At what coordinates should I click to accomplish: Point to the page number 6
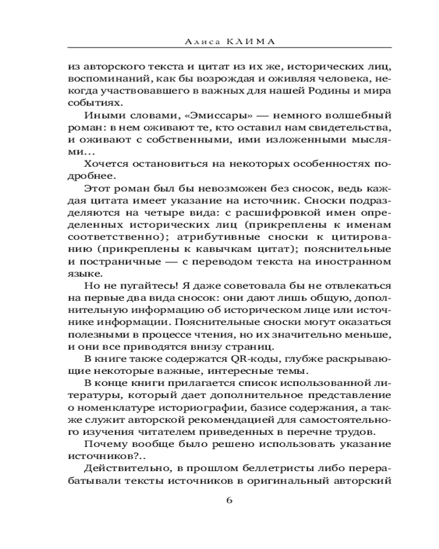(x=230, y=500)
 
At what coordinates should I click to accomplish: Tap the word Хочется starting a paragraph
(x=105, y=164)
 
